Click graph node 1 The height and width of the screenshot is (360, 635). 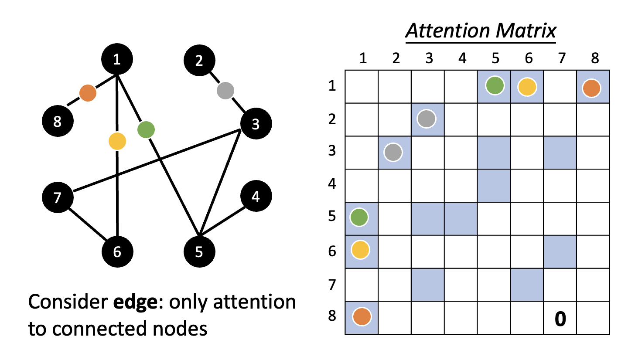point(116,60)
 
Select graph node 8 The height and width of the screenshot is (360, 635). point(58,122)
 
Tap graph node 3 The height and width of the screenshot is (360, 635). point(256,124)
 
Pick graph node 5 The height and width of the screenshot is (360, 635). point(199,252)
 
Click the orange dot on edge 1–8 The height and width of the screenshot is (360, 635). point(88,93)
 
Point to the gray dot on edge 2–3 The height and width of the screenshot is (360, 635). point(225,91)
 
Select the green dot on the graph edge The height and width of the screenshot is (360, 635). point(146,129)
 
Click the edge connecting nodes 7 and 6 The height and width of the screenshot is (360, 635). point(89,223)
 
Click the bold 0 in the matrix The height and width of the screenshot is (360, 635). point(560,319)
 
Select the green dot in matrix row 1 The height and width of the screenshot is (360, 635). point(494,86)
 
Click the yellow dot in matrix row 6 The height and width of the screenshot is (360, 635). point(360,250)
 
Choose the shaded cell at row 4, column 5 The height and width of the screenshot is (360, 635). point(494,186)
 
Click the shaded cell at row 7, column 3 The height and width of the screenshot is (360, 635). point(427,285)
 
